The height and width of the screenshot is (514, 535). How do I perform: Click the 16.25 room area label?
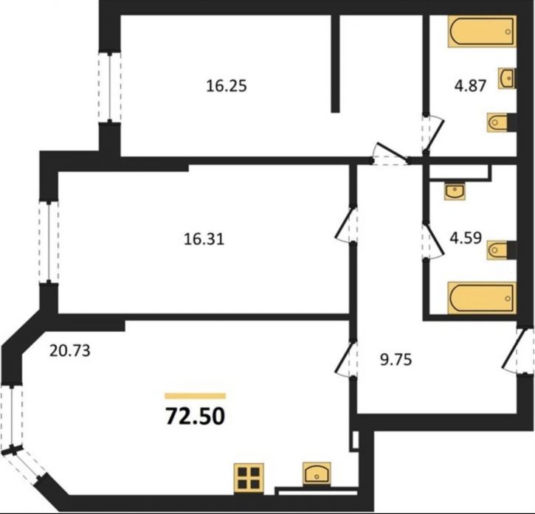pos(227,86)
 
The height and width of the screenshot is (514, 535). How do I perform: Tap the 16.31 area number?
pos(204,239)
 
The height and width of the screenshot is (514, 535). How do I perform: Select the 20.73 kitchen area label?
pos(70,350)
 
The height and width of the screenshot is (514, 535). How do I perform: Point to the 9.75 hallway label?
pos(396,359)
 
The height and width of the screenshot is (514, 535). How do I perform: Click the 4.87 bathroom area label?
pos(470,86)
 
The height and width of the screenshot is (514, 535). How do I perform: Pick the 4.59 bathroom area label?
pos(466,237)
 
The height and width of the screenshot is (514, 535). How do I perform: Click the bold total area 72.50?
pos(196,417)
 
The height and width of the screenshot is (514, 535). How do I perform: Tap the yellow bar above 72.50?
pos(195,396)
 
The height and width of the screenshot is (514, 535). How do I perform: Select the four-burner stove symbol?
pos(249,478)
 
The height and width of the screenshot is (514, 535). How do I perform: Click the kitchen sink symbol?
pos(317,473)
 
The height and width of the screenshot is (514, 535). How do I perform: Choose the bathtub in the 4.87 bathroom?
pos(482,31)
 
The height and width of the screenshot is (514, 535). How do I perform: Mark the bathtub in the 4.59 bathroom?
pos(482,297)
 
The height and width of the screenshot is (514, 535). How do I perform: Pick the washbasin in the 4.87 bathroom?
pos(507,78)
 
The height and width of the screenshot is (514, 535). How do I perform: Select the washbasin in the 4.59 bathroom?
pos(455,191)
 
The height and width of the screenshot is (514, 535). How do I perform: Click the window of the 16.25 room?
pos(109,87)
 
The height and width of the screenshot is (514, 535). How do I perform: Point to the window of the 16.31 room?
pos(49,242)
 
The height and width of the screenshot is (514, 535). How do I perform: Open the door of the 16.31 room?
pos(345,225)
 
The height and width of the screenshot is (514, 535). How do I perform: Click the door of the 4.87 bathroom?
pos(432,133)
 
